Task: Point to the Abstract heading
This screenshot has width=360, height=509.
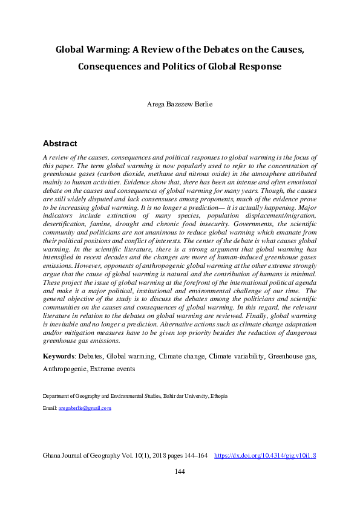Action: click(x=60, y=144)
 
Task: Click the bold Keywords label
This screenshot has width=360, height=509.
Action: click(x=60, y=357)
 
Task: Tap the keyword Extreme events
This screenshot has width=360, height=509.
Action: click(x=114, y=368)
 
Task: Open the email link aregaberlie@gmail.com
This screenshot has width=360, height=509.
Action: click(x=85, y=409)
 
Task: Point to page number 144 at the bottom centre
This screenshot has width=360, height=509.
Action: click(x=180, y=472)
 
